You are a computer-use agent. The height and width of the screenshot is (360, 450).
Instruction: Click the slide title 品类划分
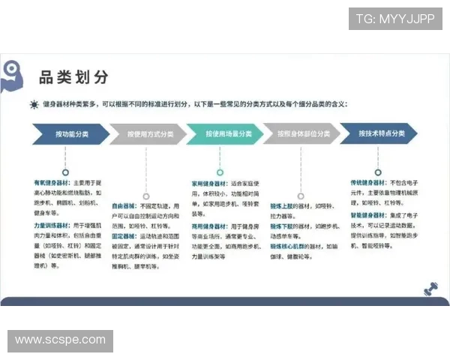73,76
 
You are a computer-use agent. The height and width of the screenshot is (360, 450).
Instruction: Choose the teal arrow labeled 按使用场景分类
224,133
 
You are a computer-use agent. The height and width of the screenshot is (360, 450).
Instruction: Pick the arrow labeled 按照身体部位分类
301,133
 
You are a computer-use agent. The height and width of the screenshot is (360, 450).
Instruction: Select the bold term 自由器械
124,205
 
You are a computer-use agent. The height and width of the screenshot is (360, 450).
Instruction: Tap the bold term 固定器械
124,236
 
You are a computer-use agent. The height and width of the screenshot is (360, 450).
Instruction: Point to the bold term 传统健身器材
366,182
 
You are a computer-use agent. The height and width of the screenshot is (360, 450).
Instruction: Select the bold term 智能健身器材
366,214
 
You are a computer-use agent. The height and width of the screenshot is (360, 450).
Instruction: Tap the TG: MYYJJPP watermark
394,19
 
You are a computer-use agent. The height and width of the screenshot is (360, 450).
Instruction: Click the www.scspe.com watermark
60,340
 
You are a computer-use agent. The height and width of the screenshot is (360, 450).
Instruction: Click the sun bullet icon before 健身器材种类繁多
34,105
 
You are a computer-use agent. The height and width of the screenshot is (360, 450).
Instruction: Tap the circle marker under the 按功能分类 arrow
65,171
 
